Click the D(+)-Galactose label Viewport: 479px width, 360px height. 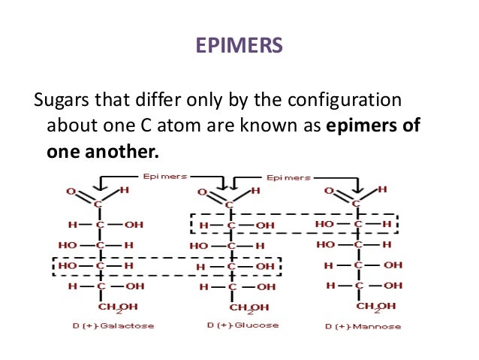(101, 326)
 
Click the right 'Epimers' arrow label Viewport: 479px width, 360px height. (288, 177)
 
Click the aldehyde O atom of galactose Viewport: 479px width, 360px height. (71, 192)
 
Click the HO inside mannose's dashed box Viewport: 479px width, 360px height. (324, 224)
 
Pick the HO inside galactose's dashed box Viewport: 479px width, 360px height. (67, 265)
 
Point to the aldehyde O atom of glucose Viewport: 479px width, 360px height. (200, 192)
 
